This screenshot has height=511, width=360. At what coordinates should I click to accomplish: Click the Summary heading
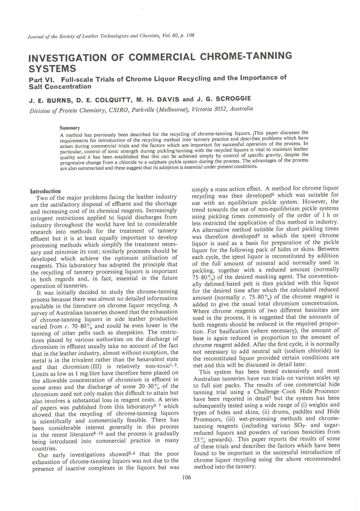69,128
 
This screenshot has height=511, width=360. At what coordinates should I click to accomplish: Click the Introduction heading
46,191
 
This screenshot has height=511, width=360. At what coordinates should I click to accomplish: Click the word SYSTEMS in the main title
52,69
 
